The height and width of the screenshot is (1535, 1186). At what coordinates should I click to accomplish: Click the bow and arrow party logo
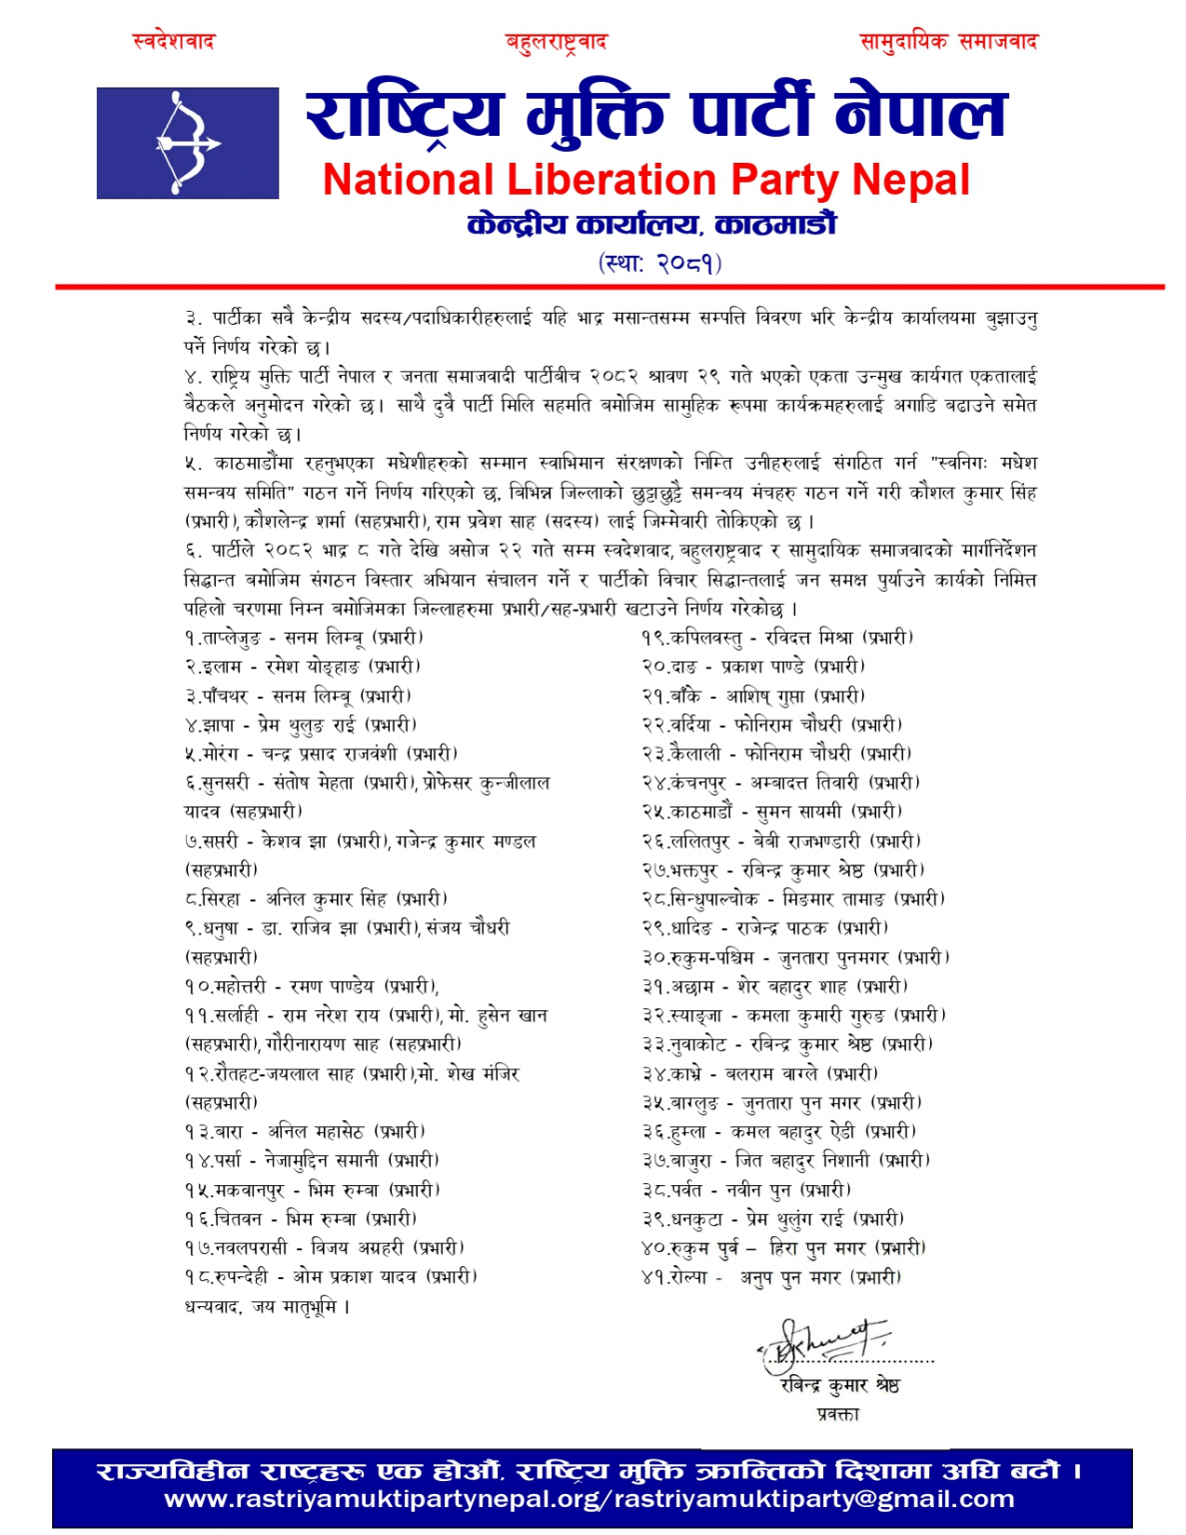pyautogui.click(x=187, y=142)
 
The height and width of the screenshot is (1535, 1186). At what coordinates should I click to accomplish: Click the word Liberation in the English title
pyautogui.click(x=612, y=180)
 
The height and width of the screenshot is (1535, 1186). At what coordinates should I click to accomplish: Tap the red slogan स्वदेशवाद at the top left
pyautogui.click(x=174, y=41)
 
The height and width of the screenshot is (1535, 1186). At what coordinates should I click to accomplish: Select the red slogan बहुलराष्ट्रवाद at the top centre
pyautogui.click(x=556, y=42)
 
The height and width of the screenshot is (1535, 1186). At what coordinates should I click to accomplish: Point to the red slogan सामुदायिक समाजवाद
pyautogui.click(x=948, y=41)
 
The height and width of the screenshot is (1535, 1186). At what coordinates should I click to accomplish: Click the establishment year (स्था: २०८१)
pyautogui.click(x=659, y=263)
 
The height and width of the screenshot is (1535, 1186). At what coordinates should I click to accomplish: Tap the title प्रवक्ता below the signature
pyautogui.click(x=837, y=1414)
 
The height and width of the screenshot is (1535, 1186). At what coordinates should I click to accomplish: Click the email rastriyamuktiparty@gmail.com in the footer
pyautogui.click(x=814, y=1499)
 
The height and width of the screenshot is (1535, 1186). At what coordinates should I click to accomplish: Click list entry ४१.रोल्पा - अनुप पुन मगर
pyautogui.click(x=770, y=1277)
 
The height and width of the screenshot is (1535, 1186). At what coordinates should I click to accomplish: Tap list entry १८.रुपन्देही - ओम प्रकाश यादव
pyautogui.click(x=331, y=1276)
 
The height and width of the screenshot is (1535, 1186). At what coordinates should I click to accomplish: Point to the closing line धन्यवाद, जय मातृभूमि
pyautogui.click(x=267, y=1306)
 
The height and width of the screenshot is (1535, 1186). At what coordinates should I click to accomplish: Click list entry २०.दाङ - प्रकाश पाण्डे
pyautogui.click(x=752, y=667)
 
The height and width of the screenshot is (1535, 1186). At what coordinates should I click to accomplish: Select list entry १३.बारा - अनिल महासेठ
pyautogui.click(x=305, y=1131)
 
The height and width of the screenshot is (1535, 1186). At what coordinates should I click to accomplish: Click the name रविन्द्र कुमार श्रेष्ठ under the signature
pyautogui.click(x=839, y=1385)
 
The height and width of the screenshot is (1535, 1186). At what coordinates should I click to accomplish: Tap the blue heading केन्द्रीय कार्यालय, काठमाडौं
pyautogui.click(x=651, y=224)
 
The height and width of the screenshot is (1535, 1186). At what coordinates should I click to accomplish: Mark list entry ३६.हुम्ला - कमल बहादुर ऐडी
pyautogui.click(x=778, y=1131)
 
